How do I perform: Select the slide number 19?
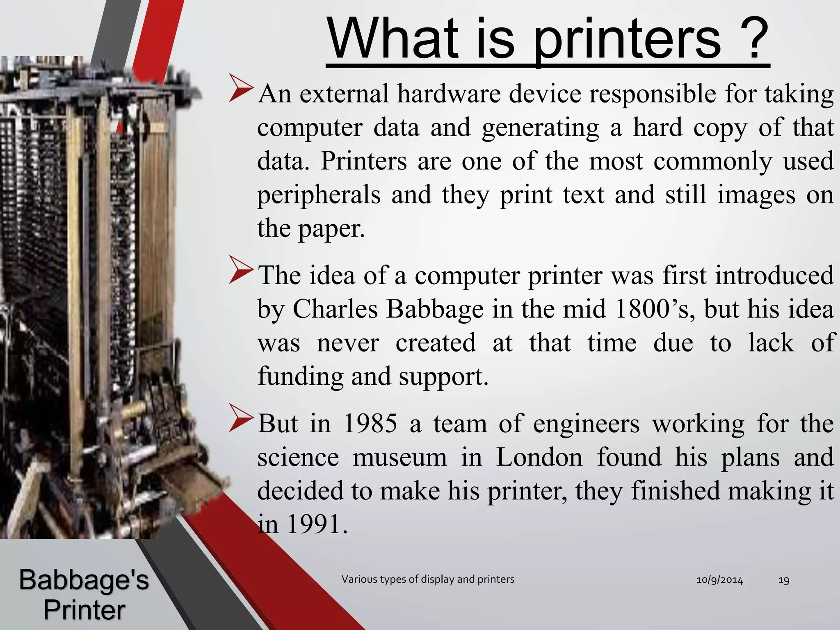(x=783, y=580)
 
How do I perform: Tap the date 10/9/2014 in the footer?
(x=719, y=580)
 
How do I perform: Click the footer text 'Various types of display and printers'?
(x=428, y=579)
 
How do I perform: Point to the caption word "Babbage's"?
(x=84, y=580)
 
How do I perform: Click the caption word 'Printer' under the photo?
(x=84, y=610)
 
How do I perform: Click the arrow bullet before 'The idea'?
(x=242, y=269)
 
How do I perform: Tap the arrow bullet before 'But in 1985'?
(x=242, y=418)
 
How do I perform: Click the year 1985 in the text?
(x=370, y=424)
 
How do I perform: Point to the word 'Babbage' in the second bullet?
(x=435, y=309)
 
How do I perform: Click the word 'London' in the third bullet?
(x=539, y=457)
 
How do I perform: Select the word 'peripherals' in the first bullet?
(x=319, y=195)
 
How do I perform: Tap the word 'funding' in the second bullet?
(x=300, y=376)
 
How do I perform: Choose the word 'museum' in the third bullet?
(x=399, y=457)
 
